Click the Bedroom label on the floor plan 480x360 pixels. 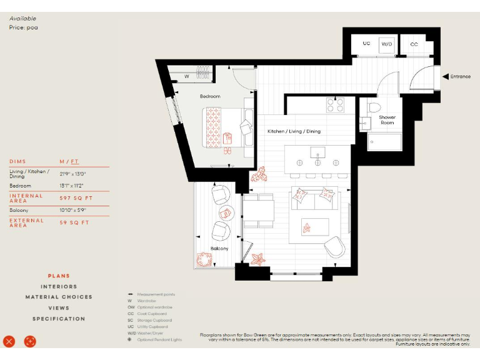pyautogui.click(x=210, y=96)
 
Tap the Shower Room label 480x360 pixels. pyautogui.click(x=387, y=119)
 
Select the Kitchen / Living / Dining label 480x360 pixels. pyautogui.click(x=294, y=132)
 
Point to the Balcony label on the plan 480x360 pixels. pyautogui.click(x=219, y=249)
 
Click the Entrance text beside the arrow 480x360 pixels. pyautogui.click(x=461, y=76)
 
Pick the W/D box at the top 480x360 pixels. pyautogui.click(x=387, y=44)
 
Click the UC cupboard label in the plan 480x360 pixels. pyautogui.click(x=366, y=44)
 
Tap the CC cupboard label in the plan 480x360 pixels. pyautogui.click(x=414, y=44)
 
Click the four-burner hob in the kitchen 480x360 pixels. pyautogui.click(x=335, y=105)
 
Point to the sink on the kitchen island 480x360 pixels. pyautogui.click(x=317, y=152)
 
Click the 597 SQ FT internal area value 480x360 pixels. pyautogui.click(x=74, y=198)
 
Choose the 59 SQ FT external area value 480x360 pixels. pyautogui.click(x=74, y=222)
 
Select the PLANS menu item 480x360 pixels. pyautogui.click(x=59, y=276)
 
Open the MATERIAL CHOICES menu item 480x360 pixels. pyautogui.click(x=59, y=297)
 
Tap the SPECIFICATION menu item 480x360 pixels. pyautogui.click(x=59, y=319)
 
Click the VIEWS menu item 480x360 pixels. pyautogui.click(x=59, y=308)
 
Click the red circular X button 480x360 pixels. pyautogui.click(x=9, y=341)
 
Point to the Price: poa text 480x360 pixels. pyautogui.click(x=24, y=27)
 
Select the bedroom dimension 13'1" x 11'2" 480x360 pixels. pyautogui.click(x=71, y=186)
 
